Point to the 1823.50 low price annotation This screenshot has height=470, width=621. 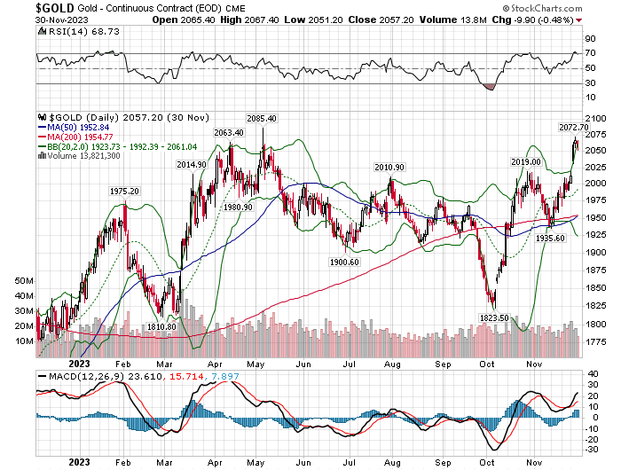(492, 317)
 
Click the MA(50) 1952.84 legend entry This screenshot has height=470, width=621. (75, 127)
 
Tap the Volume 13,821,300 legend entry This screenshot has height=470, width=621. (83, 155)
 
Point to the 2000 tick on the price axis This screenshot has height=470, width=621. (596, 182)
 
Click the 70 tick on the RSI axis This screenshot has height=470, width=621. (589, 53)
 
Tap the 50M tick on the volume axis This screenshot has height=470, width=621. (24, 279)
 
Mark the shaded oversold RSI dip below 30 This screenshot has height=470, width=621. (487, 86)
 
